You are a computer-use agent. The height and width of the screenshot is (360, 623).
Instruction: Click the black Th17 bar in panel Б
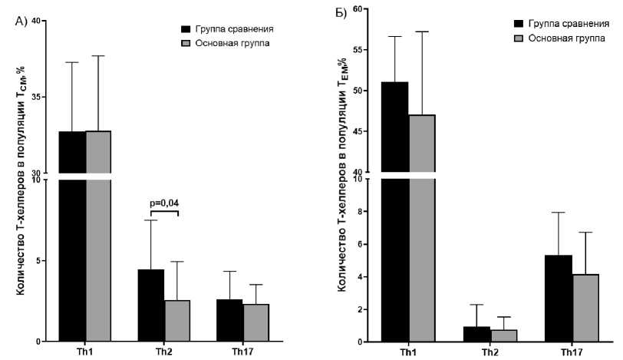point(559,299)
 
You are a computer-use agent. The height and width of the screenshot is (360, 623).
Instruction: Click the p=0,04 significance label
point(165,203)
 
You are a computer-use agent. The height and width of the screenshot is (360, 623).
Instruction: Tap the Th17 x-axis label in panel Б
point(571,351)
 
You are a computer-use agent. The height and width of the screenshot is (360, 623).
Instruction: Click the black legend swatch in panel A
point(186,29)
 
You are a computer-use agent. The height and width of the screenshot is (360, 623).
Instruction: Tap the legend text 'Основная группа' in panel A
point(239,43)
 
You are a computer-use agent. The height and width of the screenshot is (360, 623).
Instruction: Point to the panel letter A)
point(22,21)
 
